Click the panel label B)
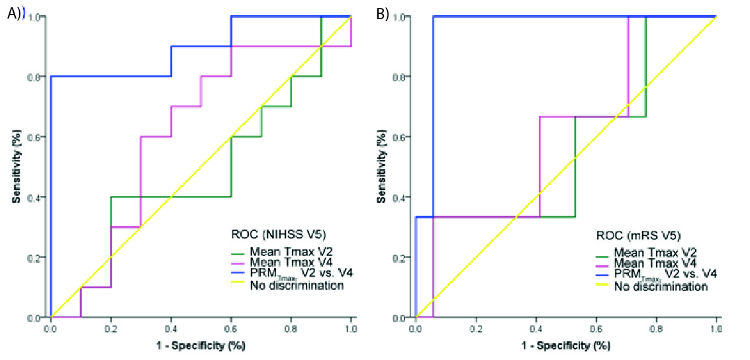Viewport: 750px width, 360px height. [x=382, y=14]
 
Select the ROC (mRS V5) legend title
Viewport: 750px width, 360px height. [x=637, y=236]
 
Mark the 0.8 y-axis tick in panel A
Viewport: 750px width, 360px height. [x=38, y=77]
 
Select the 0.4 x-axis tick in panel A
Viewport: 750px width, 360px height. [x=171, y=328]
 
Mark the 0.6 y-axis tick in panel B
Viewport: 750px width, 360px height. [x=403, y=137]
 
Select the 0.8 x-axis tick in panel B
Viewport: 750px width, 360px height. [x=596, y=328]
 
